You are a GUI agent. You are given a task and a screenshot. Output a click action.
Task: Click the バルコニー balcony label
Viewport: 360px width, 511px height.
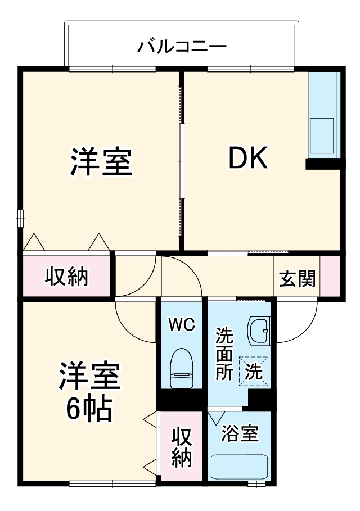[x=182, y=47]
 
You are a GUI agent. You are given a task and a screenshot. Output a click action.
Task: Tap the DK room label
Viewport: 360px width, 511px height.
[x=248, y=158]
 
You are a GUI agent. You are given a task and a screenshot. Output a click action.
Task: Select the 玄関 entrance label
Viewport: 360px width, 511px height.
[x=298, y=279]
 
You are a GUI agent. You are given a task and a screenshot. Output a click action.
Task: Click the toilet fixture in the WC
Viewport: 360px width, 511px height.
[x=181, y=368]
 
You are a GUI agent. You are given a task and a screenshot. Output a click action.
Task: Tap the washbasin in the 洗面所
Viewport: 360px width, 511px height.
[x=259, y=331]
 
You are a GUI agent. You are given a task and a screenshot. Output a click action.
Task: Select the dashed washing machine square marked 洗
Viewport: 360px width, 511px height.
[x=254, y=372]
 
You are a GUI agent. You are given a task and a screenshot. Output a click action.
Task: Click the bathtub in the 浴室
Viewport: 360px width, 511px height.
[x=240, y=467]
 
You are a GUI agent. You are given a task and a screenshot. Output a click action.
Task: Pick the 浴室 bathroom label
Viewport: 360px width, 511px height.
[x=240, y=433]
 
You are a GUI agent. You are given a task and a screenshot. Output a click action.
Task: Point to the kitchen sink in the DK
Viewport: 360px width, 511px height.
[x=322, y=135]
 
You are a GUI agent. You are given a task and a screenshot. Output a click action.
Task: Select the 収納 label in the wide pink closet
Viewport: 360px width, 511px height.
[x=66, y=277]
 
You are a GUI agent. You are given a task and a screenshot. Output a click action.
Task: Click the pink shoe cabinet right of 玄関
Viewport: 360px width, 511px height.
[x=330, y=277]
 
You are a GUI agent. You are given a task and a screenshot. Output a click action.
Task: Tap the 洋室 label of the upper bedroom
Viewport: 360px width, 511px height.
[x=101, y=162]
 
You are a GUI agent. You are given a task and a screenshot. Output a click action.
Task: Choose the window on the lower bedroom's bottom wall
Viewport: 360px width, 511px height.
[x=112, y=483]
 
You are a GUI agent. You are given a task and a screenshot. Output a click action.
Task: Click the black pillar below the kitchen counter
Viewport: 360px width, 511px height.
[x=325, y=164]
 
